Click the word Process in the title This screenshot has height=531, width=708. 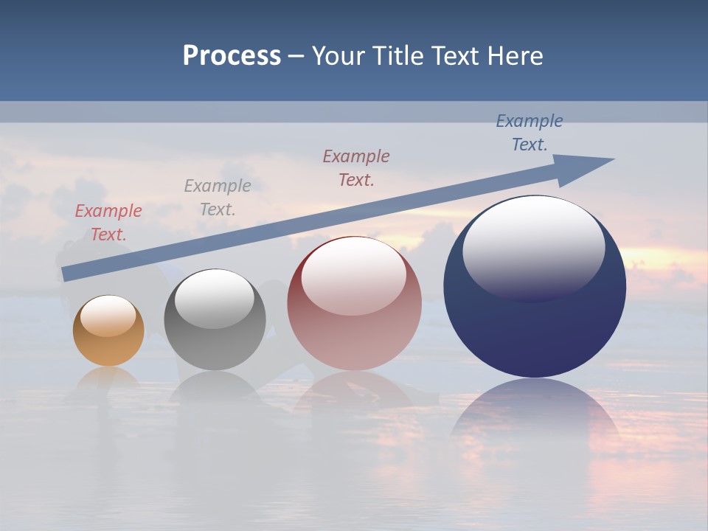coord(232,56)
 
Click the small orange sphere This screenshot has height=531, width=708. coord(108,331)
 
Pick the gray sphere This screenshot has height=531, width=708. coord(215,320)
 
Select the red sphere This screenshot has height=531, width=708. coord(354,304)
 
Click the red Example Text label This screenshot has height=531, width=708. coord(108,223)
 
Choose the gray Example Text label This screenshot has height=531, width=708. coord(218,197)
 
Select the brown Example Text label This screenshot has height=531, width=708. coord(356,167)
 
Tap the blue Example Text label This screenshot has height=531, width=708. coord(530,132)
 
